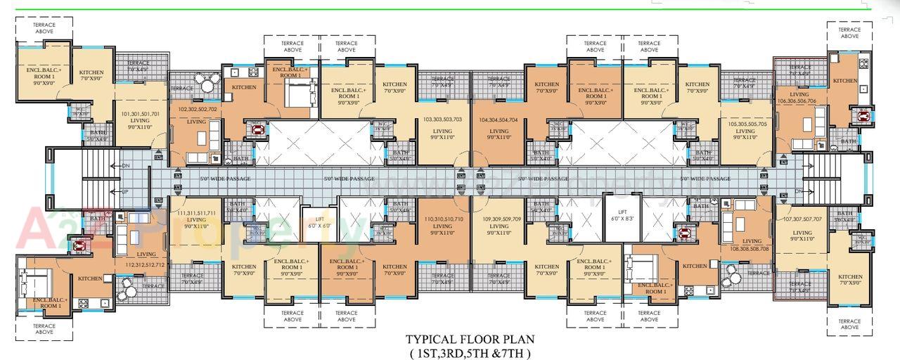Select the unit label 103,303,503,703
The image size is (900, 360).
point(442,120)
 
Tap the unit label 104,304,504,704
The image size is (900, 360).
point(499,120)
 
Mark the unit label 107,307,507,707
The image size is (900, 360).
point(802,219)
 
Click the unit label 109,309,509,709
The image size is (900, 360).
point(499,219)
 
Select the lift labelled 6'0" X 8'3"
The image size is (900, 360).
point(622,215)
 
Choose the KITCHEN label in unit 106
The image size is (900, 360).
point(844,81)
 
